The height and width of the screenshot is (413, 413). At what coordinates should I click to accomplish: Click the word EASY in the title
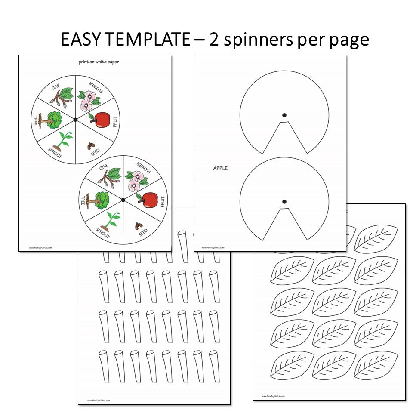(x=80, y=40)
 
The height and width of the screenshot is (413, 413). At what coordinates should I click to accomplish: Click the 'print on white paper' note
(x=99, y=62)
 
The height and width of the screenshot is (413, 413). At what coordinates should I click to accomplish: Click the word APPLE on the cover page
(x=220, y=168)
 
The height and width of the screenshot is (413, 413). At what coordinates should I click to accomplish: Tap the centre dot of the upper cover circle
(x=284, y=115)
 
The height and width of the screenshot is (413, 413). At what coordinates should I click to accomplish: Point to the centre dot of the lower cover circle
(x=284, y=201)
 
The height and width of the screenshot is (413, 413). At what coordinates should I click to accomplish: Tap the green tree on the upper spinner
(x=51, y=120)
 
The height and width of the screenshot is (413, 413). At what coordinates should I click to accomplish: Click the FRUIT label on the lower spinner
(x=163, y=201)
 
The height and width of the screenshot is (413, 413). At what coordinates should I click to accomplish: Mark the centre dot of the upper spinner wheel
(x=75, y=119)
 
